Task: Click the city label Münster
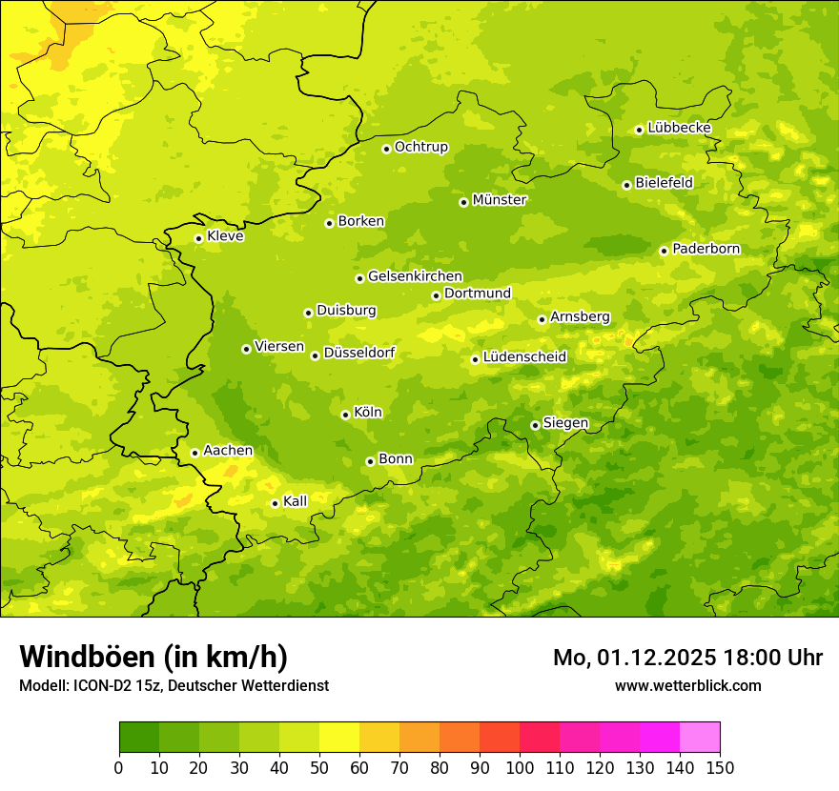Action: [x=500, y=200]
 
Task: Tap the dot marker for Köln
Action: [x=345, y=415]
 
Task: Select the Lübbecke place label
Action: [x=679, y=128]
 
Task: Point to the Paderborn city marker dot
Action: [x=664, y=251]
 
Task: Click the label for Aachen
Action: [x=228, y=451]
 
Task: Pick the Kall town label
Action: [x=296, y=501]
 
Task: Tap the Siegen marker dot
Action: [x=535, y=425]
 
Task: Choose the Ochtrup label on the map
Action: [x=421, y=147]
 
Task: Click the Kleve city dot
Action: [x=198, y=238]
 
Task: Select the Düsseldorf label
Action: [x=359, y=353]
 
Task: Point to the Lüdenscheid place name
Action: [x=524, y=357]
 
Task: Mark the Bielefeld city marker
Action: [x=626, y=185]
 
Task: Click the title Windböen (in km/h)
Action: [x=153, y=657]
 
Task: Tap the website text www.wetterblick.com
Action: [x=688, y=685]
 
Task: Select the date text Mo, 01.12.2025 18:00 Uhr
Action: [x=687, y=658]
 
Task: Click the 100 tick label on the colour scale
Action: [x=520, y=768]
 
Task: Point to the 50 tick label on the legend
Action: [x=319, y=768]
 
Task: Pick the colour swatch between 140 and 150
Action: [x=700, y=738]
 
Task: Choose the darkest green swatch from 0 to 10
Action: [x=139, y=738]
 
